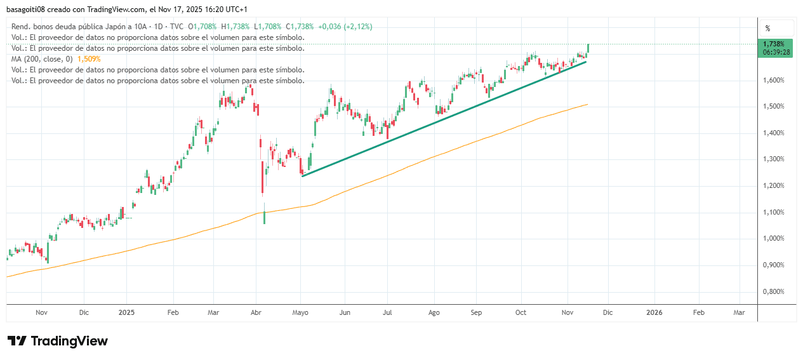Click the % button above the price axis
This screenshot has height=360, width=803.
(767, 28)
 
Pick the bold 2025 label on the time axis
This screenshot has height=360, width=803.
(126, 312)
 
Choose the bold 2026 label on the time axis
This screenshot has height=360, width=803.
(654, 312)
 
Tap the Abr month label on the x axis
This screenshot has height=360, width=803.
(256, 312)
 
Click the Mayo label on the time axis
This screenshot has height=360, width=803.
(300, 312)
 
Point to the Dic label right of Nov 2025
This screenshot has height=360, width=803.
(607, 312)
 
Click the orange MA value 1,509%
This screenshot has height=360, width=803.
(89, 58)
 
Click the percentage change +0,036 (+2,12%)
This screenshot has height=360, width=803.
(345, 26)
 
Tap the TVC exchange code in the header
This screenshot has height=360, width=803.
(177, 26)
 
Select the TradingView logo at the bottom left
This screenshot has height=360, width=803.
(57, 341)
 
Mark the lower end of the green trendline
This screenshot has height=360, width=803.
(302, 176)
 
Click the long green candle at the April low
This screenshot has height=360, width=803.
(264, 217)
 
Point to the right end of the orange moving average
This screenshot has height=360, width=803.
(587, 104)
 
